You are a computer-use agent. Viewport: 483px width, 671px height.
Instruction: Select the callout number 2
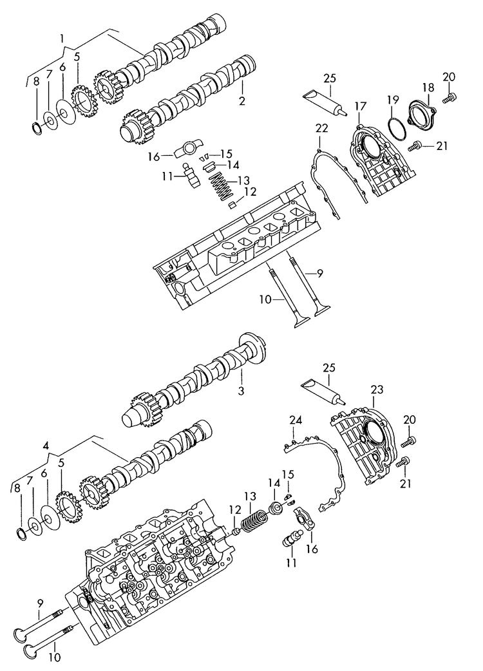coord(242,101)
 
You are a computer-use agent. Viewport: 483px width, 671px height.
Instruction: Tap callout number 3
coord(242,390)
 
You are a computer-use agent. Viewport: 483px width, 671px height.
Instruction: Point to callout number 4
coord(46,444)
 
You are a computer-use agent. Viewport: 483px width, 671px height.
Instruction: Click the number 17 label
coord(359,106)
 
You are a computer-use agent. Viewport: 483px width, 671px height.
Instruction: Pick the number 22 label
coord(321,129)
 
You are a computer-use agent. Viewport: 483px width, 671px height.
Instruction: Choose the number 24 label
coord(296,421)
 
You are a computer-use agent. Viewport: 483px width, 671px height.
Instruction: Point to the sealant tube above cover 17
coord(327,102)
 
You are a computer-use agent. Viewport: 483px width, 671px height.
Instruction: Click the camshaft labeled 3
coord(193,386)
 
